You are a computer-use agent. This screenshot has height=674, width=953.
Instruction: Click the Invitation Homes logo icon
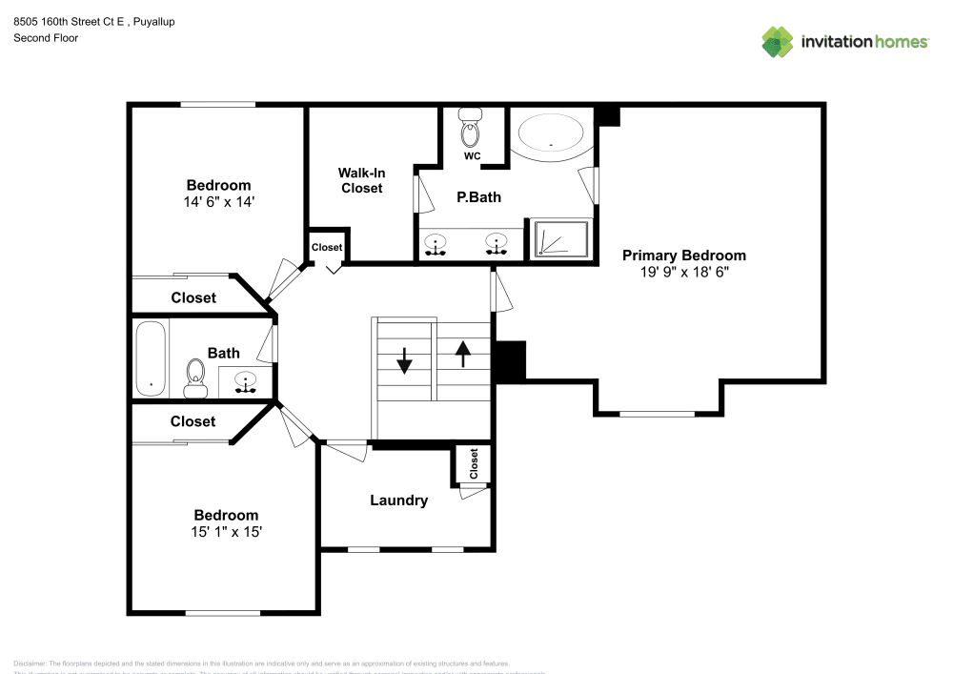pyautogui.click(x=777, y=41)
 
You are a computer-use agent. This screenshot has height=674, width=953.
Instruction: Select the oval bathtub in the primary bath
pyautogui.click(x=551, y=134)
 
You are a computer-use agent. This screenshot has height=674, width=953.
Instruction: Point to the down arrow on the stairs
pyautogui.click(x=403, y=360)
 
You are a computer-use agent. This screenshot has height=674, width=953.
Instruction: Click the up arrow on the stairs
pyautogui.click(x=463, y=354)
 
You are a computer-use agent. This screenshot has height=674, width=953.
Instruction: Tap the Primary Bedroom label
pyautogui.click(x=683, y=255)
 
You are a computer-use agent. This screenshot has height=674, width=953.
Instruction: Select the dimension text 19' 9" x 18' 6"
pyautogui.click(x=683, y=272)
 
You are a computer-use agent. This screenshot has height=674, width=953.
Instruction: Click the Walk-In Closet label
pyautogui.click(x=361, y=180)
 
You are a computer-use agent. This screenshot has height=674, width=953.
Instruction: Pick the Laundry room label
pyautogui.click(x=398, y=500)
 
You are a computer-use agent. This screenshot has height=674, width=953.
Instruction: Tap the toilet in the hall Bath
pyautogui.click(x=196, y=378)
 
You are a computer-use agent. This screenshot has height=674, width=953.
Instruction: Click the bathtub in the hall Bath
pyautogui.click(x=150, y=358)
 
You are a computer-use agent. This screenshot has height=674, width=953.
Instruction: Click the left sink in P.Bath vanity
pyautogui.click(x=436, y=244)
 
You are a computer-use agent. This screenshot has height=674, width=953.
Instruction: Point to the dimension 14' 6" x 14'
pyautogui.click(x=218, y=201)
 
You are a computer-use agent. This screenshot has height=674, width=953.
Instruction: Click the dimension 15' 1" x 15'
pyautogui.click(x=226, y=532)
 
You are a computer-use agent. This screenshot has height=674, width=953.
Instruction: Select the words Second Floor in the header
pyautogui.click(x=46, y=38)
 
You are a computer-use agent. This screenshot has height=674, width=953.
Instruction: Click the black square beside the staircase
pyautogui.click(x=511, y=361)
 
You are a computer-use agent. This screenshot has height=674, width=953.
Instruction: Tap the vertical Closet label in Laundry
pyautogui.click(x=474, y=463)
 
